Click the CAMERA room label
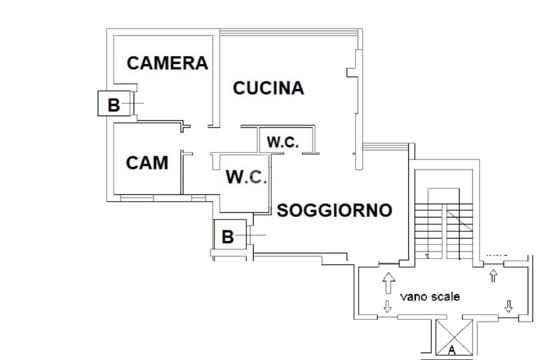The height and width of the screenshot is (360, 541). [167, 63]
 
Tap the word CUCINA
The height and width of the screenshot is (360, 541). [268, 88]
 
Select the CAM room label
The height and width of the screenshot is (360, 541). [147, 163]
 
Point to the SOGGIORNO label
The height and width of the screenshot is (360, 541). [334, 211]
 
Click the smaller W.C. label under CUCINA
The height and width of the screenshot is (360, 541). [283, 142]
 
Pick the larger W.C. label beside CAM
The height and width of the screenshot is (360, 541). [246, 177]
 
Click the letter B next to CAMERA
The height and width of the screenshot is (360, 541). [114, 105]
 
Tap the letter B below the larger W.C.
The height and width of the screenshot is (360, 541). [227, 237]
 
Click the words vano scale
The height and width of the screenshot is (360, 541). [430, 297]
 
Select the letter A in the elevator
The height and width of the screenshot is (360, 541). [452, 349]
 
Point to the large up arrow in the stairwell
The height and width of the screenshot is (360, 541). [388, 283]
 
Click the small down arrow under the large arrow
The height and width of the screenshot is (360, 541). [387, 306]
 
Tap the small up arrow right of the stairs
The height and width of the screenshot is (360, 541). [494, 274]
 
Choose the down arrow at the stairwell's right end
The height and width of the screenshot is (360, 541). [509, 306]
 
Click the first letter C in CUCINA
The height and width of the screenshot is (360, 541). [239, 88]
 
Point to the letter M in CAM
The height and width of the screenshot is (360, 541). [161, 163]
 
